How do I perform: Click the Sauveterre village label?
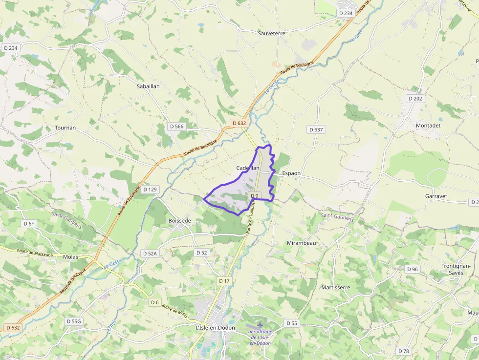coord(271,33)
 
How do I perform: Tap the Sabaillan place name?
coord(148,86)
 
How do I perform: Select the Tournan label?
coord(65,127)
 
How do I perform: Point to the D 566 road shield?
coord(177,126)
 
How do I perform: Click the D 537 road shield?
coord(317,129)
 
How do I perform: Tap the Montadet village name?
coord(428,126)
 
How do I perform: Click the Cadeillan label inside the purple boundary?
coord(248,168)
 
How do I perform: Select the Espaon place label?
coord(291,173)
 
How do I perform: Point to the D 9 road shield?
coord(254,196)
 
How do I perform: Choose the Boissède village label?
coord(179,221)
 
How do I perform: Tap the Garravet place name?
coord(436,196)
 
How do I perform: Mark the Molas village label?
coord(71,257)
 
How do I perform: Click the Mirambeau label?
coord(302,243)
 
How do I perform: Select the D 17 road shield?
coord(224,281)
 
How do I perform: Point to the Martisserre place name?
coord(336,287)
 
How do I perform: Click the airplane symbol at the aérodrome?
coord(260,325)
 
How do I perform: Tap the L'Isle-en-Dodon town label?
coord(215,328)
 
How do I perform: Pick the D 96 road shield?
coord(413,269)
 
